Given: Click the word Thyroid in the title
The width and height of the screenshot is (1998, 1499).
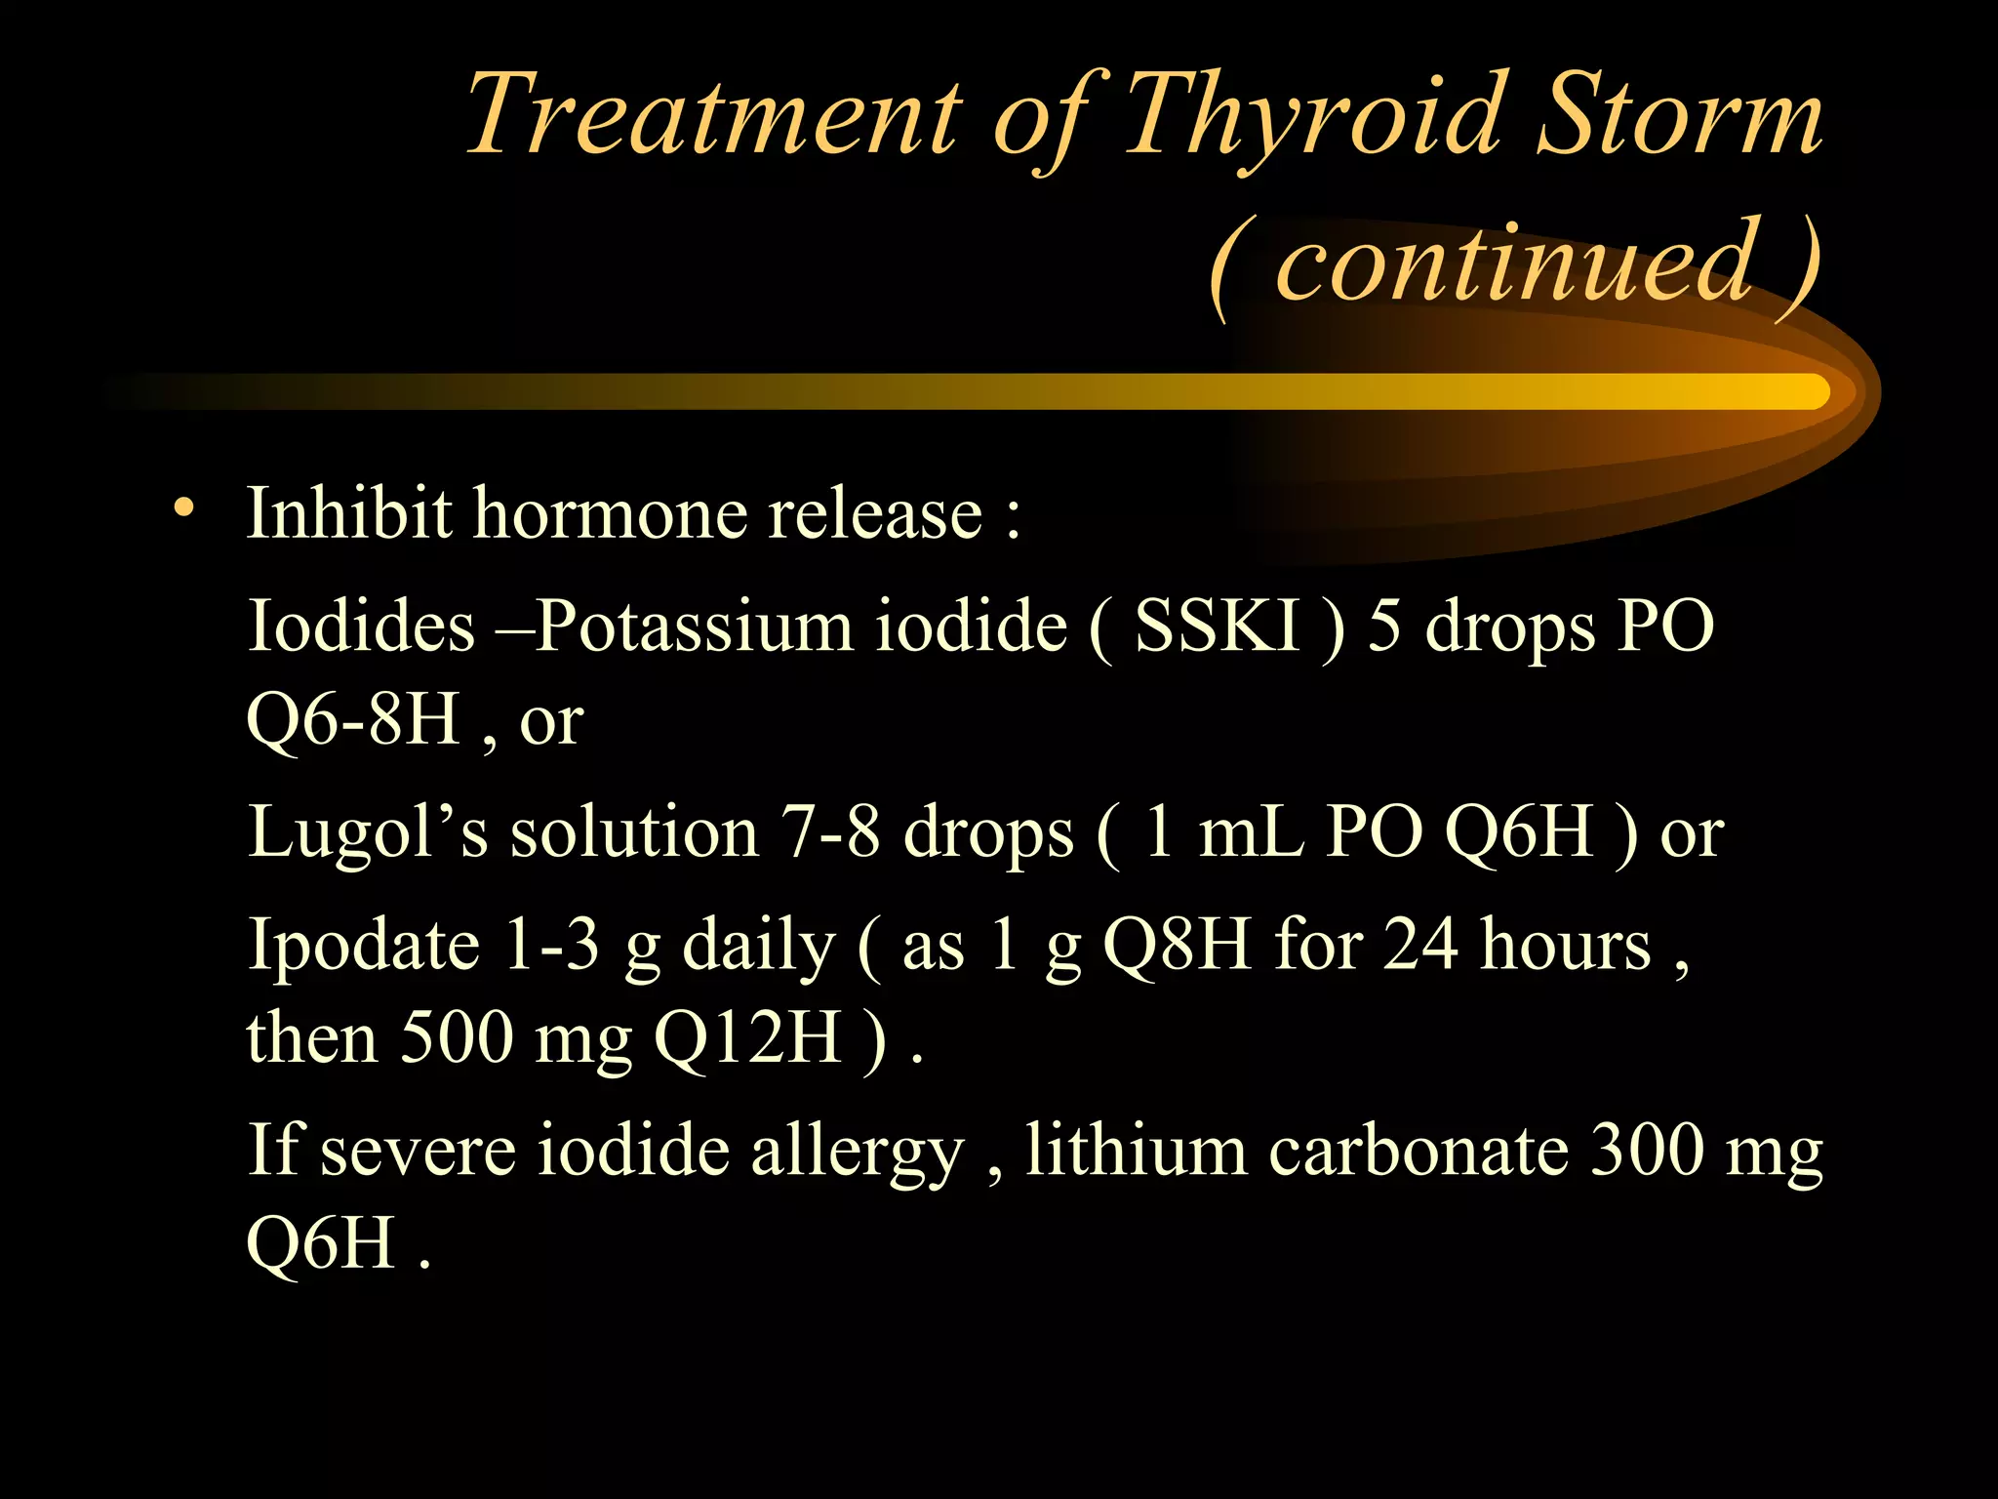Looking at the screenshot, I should click(1312, 117).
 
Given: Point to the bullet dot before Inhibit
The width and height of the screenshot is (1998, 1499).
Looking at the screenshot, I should click(182, 508).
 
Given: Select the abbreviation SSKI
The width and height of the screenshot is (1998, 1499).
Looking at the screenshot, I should click(1218, 625).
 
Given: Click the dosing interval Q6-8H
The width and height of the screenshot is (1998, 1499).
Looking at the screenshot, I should click(353, 719).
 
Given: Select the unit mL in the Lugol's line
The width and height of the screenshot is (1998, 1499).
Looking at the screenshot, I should click(1251, 832).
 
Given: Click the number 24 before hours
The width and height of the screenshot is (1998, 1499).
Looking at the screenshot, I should click(1421, 944).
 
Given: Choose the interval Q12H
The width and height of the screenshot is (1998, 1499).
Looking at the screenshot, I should click(747, 1038).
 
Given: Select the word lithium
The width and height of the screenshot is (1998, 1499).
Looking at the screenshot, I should click(1136, 1149).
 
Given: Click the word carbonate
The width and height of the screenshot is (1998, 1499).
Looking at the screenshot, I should click(1419, 1150).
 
